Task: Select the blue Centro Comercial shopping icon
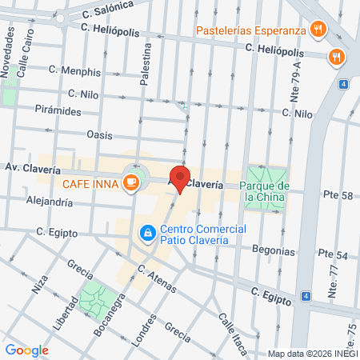(147, 233)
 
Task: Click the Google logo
(26, 350)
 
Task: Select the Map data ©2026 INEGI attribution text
(312, 354)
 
